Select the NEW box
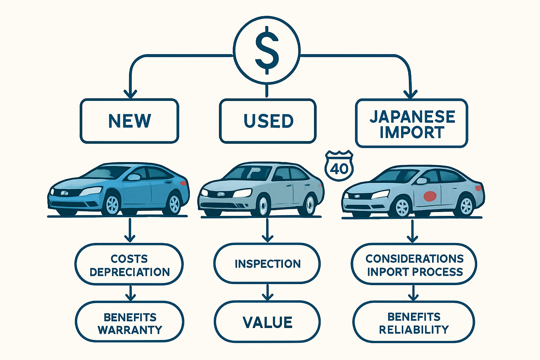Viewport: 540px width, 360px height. click(129, 121)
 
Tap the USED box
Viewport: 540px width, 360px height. click(268, 121)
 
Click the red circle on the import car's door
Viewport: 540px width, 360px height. click(430, 195)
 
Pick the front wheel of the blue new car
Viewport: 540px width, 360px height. click(112, 204)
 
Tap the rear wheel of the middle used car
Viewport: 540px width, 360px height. click(310, 205)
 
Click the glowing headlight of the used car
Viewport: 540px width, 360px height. click(243, 193)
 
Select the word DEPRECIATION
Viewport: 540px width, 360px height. click(130, 272)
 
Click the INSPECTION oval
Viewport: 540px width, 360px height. click(267, 264)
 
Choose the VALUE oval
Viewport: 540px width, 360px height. click(267, 322)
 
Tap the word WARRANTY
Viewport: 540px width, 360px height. click(130, 330)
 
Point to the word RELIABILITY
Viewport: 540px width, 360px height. click(414, 330)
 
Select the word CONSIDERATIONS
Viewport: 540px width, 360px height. click(414, 259)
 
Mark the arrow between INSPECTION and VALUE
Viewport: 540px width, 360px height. click(268, 292)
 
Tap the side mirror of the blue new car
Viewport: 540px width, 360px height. click(134, 177)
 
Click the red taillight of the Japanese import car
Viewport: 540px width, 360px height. click(478, 188)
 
